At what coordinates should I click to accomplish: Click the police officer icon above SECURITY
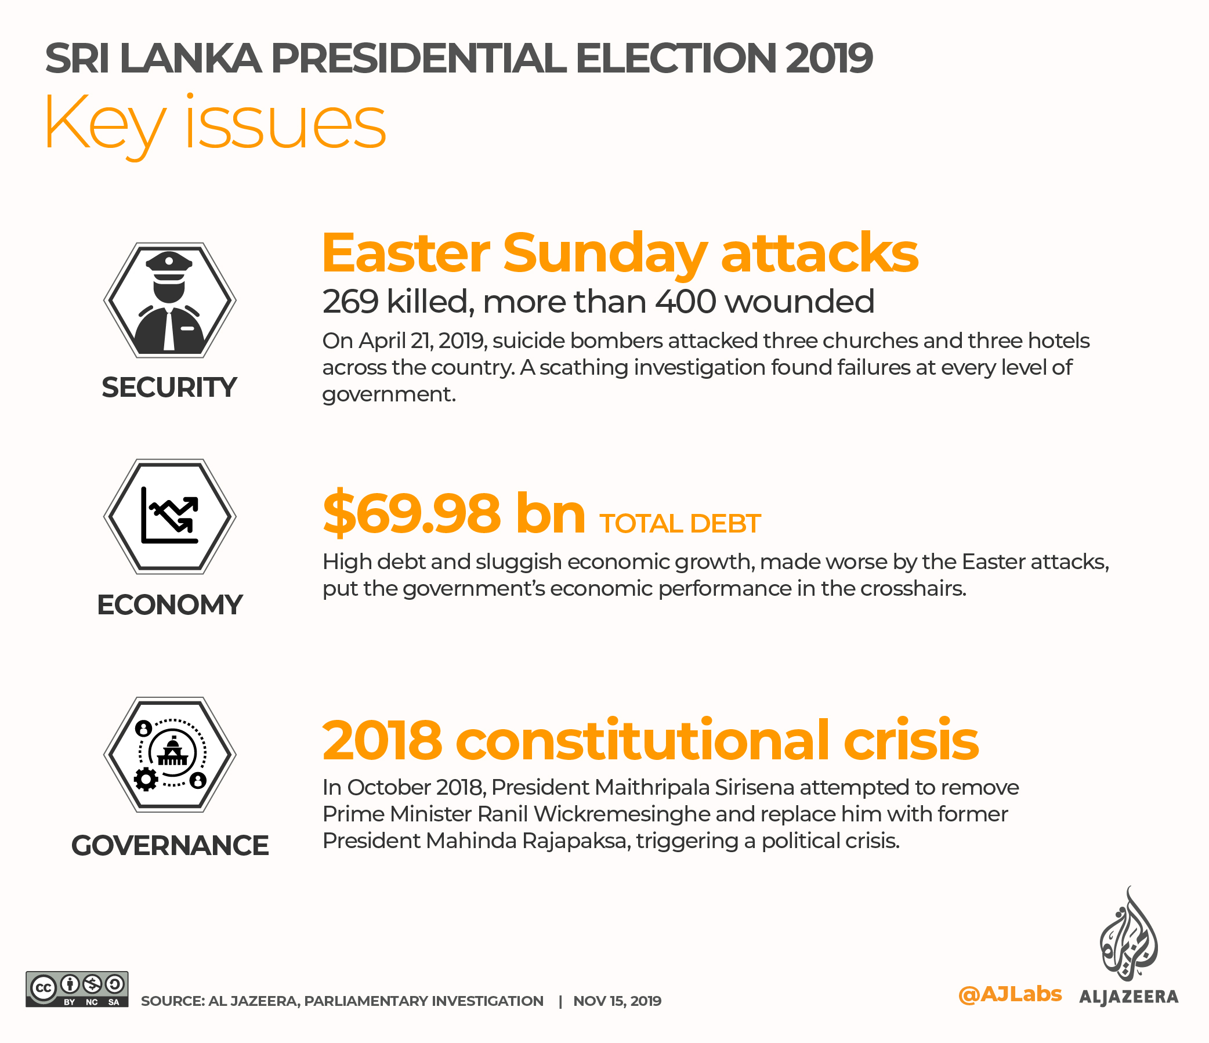(169, 300)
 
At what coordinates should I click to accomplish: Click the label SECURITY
(169, 388)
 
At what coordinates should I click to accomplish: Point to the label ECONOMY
(169, 605)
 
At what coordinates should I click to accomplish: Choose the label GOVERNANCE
(170, 846)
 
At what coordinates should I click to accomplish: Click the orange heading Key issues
(215, 124)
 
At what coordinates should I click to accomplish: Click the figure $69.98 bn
(454, 514)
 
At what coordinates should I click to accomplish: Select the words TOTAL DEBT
(680, 524)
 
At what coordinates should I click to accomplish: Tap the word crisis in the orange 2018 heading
(911, 741)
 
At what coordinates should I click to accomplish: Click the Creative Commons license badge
(77, 988)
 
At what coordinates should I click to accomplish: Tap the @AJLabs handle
(1009, 994)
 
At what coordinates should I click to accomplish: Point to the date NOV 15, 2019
(617, 1001)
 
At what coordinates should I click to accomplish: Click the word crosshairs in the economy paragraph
(913, 589)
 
